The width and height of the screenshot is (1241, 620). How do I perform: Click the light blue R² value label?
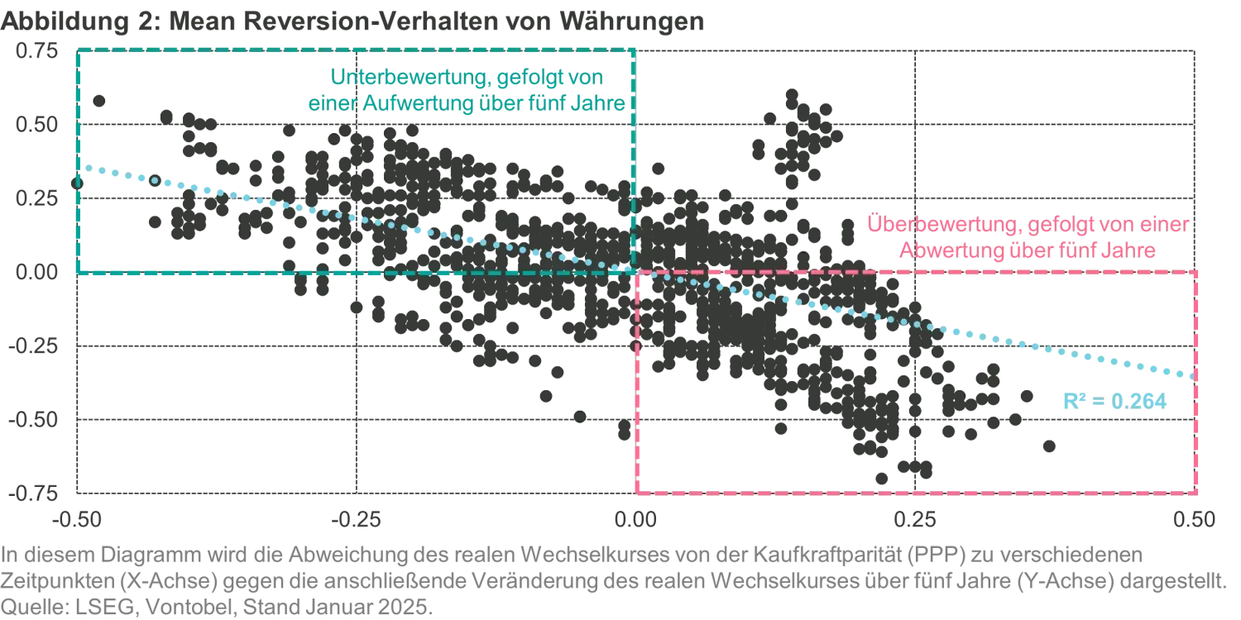1114,401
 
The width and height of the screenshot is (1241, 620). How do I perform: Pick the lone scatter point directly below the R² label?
1049,446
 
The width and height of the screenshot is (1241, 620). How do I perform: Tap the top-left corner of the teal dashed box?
76,51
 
